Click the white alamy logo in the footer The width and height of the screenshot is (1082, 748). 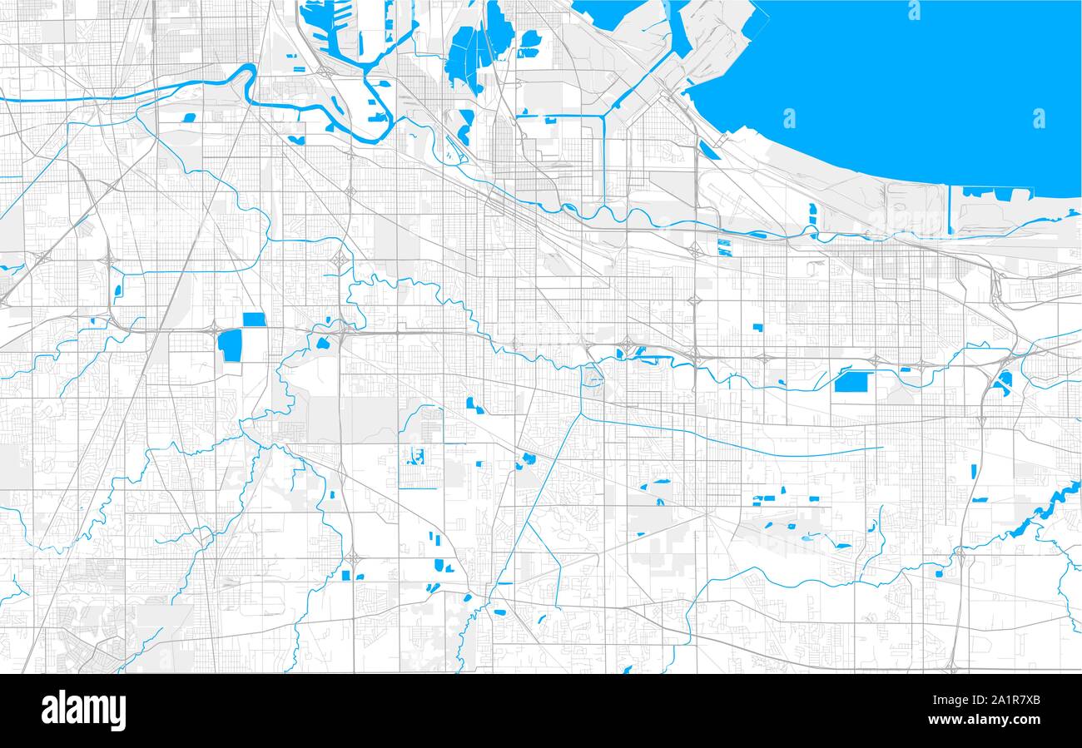(83, 711)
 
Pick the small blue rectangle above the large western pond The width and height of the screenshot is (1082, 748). (254, 320)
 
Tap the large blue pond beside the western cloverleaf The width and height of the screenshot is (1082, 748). (230, 345)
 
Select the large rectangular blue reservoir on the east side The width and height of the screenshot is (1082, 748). (851, 382)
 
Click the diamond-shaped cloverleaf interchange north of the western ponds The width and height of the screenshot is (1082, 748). (340, 260)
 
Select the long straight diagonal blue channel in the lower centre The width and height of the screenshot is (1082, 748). (541, 491)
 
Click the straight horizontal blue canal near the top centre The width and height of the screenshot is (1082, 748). (558, 116)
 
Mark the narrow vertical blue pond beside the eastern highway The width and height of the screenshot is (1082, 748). (974, 472)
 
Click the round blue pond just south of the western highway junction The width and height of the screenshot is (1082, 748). (322, 343)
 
